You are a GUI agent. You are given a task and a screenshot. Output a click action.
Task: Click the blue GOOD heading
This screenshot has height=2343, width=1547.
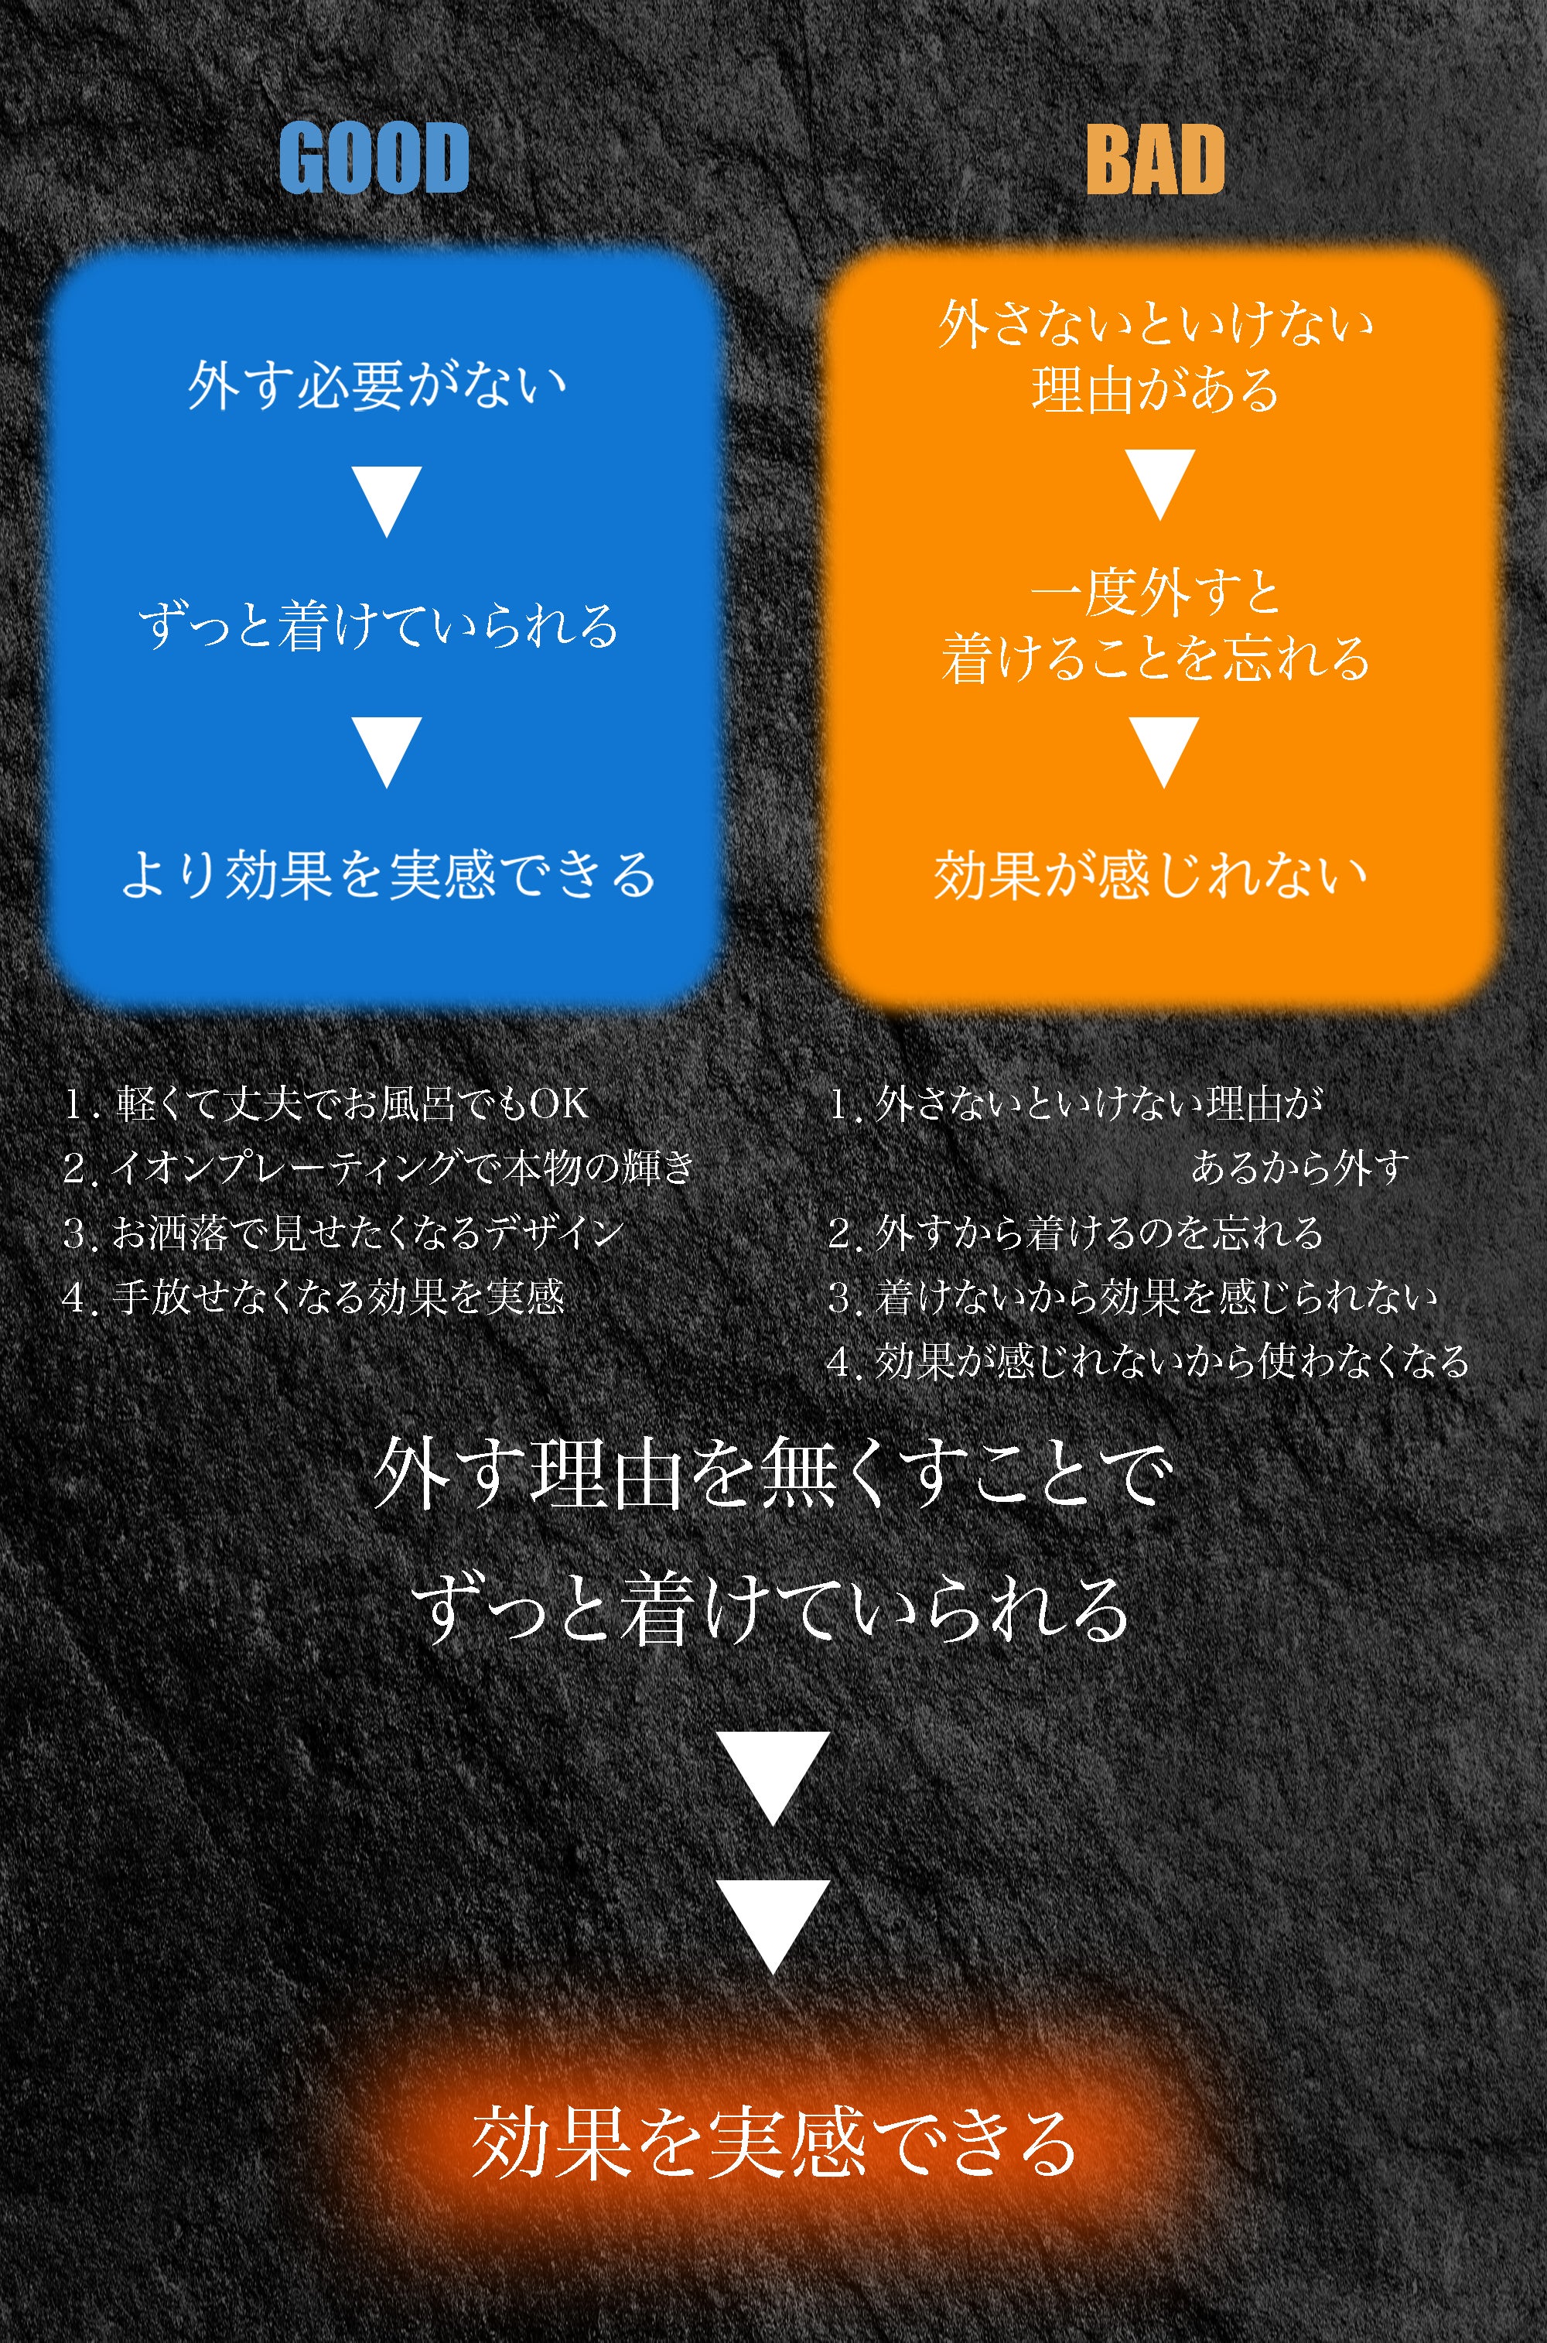click(x=373, y=158)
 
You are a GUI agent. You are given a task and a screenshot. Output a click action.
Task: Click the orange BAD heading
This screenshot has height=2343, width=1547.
click(x=1156, y=160)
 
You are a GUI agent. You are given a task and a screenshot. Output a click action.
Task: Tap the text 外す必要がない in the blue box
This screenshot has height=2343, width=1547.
click(x=378, y=384)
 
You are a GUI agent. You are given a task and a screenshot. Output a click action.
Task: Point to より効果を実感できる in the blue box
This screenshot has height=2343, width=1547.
click(x=388, y=874)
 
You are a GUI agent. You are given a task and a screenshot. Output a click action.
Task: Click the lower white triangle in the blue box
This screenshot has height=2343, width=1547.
click(x=388, y=750)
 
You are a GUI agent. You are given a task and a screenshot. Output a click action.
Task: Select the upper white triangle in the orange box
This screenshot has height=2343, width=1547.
click(x=1163, y=484)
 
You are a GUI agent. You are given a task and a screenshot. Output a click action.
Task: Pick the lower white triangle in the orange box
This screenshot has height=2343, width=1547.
click(x=1164, y=750)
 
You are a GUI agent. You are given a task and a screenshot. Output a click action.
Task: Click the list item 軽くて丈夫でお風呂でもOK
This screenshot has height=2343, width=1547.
click(x=327, y=1103)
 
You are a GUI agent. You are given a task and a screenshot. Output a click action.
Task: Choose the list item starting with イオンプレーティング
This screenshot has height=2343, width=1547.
click(x=379, y=1168)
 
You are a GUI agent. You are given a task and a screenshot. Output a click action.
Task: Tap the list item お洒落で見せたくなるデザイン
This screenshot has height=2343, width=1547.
click(x=343, y=1233)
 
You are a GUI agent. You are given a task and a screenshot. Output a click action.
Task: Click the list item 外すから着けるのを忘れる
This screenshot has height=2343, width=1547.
click(x=1075, y=1233)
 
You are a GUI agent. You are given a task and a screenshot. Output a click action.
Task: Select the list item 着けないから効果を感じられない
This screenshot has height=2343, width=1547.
click(x=1132, y=1297)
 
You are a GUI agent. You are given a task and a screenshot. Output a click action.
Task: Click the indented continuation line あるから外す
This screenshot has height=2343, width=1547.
click(x=1299, y=1168)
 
